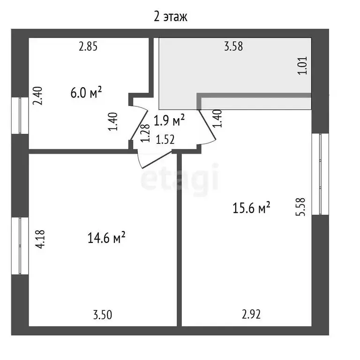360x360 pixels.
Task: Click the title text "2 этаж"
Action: (171, 17)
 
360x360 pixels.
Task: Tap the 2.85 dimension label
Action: (88, 46)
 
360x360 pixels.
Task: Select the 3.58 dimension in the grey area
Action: (233, 46)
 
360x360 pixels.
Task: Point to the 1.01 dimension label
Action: (303, 66)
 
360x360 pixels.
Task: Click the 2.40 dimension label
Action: (37, 96)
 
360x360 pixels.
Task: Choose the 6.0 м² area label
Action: (86, 92)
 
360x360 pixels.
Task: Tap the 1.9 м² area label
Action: (169, 120)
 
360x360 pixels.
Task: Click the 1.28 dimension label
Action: (145, 133)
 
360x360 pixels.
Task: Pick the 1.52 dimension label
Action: (165, 140)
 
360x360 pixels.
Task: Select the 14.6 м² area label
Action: (106, 238)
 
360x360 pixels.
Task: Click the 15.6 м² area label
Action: (251, 208)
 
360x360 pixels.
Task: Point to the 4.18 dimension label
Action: (40, 239)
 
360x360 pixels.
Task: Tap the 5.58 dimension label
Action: (300, 207)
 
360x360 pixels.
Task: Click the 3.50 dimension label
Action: (103, 315)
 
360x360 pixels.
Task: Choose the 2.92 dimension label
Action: (251, 315)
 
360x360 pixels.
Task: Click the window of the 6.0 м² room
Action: (20, 116)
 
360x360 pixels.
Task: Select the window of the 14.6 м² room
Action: (20, 246)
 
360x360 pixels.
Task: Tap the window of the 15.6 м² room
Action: (320, 174)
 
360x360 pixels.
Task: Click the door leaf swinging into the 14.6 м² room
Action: (157, 160)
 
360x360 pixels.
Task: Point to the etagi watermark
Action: (180, 179)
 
